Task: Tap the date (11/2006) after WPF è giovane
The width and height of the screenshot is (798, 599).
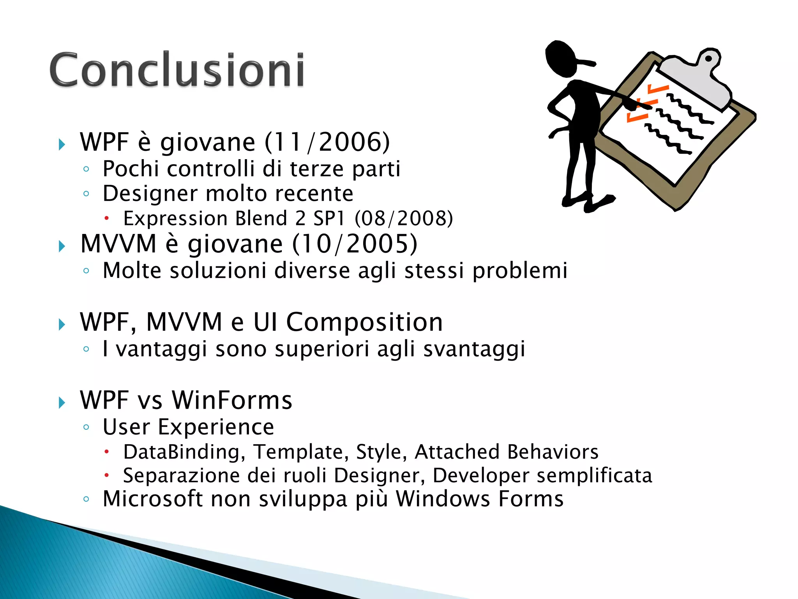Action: click(327, 142)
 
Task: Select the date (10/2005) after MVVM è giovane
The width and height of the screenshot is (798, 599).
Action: click(355, 244)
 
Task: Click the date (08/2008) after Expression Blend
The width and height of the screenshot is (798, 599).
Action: click(404, 218)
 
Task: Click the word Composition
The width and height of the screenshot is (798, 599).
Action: click(364, 323)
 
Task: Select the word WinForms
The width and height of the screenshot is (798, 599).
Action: click(232, 401)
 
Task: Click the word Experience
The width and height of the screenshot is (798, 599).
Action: click(216, 427)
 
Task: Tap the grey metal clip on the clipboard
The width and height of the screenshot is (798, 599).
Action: click(697, 78)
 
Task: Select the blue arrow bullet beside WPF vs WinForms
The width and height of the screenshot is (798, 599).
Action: click(62, 402)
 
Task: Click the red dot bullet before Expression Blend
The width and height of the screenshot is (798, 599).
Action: click(106, 219)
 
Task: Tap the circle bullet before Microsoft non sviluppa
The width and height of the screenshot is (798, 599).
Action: click(87, 499)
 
